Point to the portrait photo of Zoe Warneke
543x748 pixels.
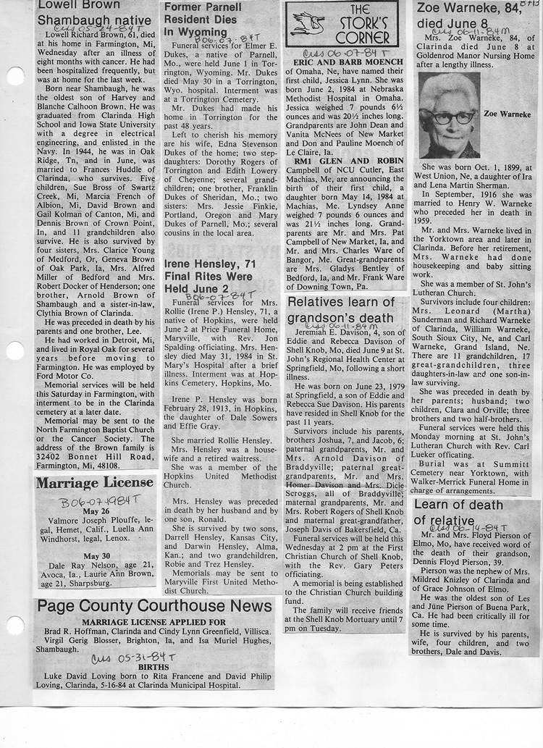448,115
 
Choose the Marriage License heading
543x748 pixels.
95,483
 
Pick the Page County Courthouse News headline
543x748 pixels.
155,605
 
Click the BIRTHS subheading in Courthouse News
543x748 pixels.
155,670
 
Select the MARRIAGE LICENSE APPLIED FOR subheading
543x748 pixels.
153,622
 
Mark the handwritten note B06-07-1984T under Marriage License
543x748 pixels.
94,500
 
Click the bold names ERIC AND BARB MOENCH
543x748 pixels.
348,62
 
